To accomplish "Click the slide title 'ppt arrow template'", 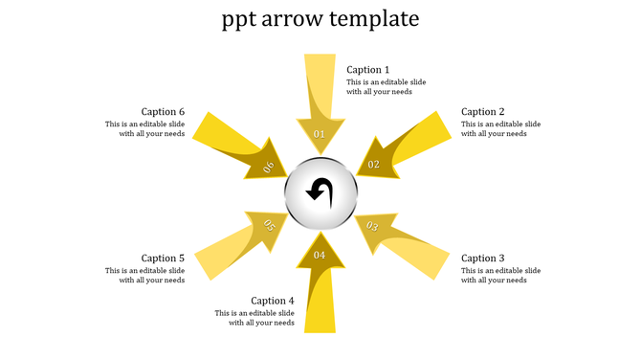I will [320, 19].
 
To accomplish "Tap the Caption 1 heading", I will [367, 70].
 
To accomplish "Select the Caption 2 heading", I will [482, 112].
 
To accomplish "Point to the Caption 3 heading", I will [482, 259].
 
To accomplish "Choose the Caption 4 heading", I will [273, 301].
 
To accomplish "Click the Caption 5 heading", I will [163, 259].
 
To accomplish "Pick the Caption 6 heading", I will [163, 112].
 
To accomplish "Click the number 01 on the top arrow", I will [320, 134].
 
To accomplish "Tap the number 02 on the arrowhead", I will [374, 165].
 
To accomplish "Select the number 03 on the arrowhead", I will [373, 227].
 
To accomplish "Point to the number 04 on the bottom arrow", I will [320, 256].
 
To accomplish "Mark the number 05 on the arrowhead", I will [269, 227].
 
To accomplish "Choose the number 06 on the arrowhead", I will [269, 167].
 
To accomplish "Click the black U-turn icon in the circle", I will [320, 192].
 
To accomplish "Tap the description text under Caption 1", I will [386, 87].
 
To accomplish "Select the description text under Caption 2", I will [500, 129].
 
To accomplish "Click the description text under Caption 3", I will [500, 276].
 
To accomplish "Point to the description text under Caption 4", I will [254, 318].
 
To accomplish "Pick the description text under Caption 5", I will [144, 276].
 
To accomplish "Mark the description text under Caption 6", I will [144, 129].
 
